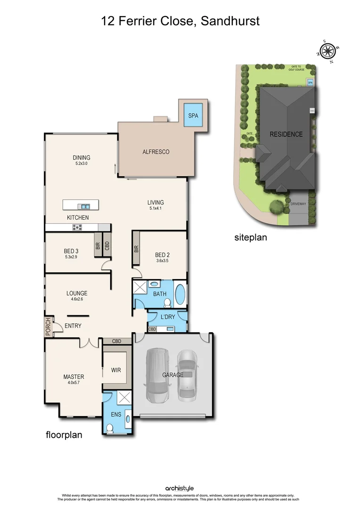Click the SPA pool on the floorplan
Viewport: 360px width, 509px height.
tap(193, 115)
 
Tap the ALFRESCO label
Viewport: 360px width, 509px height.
tap(155, 152)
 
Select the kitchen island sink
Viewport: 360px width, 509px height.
tap(84, 206)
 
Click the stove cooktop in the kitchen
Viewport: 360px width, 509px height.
tap(77, 227)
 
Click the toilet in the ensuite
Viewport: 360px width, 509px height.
tap(109, 427)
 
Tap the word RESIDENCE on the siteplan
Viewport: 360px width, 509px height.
tap(286, 134)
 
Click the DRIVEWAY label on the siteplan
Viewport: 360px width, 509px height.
tap(298, 204)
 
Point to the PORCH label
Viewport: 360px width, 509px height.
tap(48, 327)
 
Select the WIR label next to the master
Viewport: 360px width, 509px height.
tap(116, 370)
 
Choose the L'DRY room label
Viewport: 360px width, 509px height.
tap(168, 317)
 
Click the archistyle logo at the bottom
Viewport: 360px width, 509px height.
tap(179, 488)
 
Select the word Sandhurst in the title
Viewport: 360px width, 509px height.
tap(231, 21)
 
